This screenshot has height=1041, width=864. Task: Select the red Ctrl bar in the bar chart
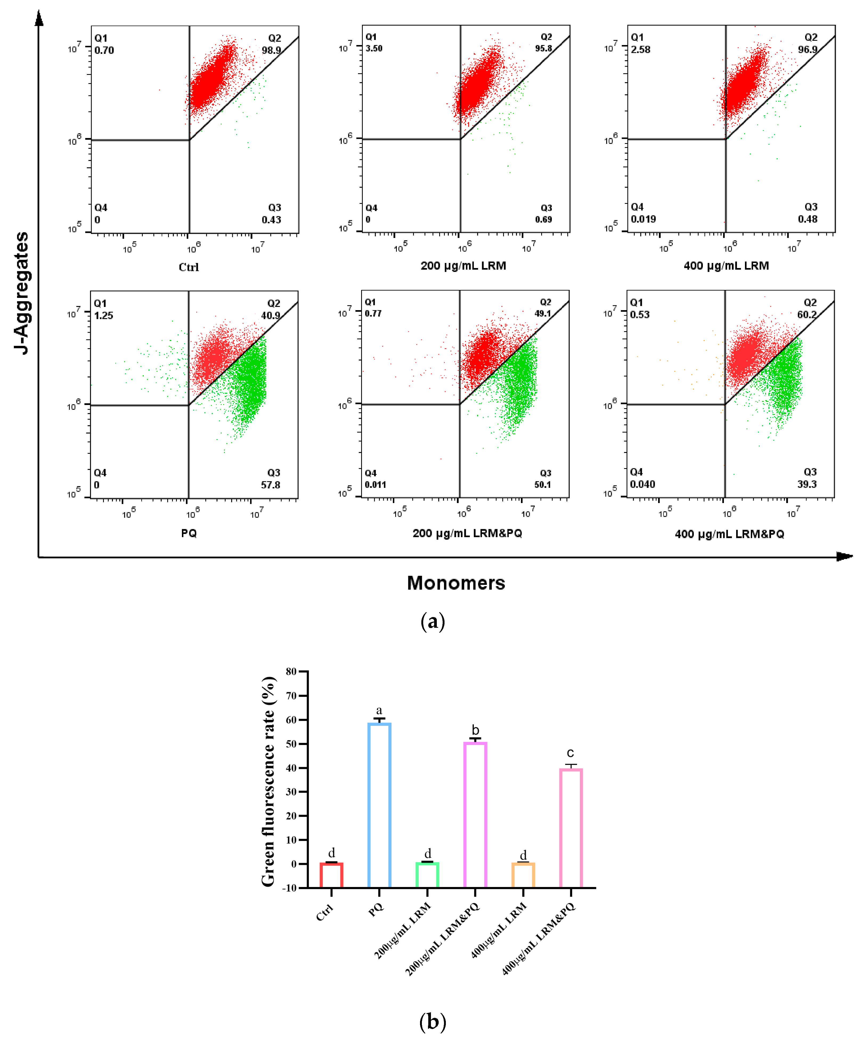331,875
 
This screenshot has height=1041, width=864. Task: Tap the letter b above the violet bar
475,730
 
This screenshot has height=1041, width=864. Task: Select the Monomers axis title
456,583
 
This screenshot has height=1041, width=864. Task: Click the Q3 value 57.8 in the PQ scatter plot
271,485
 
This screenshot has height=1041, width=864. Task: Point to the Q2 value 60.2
806,314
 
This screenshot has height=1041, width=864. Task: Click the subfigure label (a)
433,621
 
